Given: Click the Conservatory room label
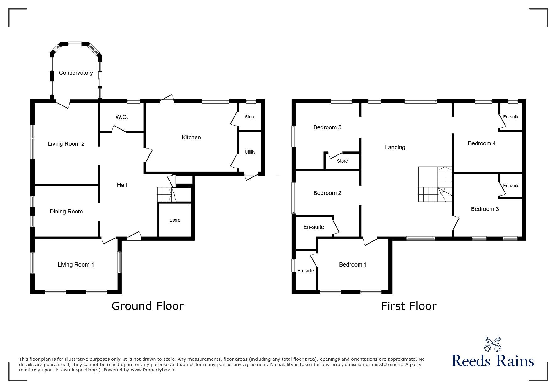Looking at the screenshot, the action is tap(76, 73).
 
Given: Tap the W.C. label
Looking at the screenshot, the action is tap(122, 117).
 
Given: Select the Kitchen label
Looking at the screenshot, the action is tap(191, 138).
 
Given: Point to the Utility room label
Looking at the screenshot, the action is tap(250, 152).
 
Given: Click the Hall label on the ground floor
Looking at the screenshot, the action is tap(122, 185).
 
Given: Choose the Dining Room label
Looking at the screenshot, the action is tap(66, 212).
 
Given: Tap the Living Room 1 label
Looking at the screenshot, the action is tap(76, 265).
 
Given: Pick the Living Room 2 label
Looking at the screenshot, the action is tap(66, 144).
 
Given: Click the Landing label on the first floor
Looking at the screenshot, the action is tap(395, 147).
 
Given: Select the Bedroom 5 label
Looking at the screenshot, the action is tap(327, 127).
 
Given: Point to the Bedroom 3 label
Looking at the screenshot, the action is tap(485, 209).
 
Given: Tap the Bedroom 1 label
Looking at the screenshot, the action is tap(353, 265).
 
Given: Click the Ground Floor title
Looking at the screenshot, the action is tap(148, 306).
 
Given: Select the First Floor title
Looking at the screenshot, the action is tap(409, 306).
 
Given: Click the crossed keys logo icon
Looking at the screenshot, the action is tap(493, 344).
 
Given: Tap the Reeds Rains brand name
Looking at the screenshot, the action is tap(493, 361).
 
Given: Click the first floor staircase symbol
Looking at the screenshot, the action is tap(435, 185).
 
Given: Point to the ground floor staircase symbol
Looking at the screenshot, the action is tap(166, 194).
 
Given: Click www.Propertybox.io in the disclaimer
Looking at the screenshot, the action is tap(153, 370).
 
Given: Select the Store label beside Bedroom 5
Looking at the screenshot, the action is tap(342, 161).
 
